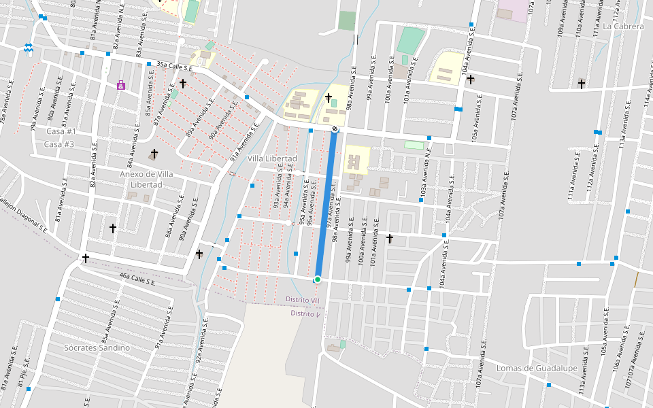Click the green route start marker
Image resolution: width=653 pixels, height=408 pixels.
pos(317,279)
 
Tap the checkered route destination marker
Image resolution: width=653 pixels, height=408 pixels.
pos(335,129)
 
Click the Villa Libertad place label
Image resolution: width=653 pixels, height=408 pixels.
pos(272,158)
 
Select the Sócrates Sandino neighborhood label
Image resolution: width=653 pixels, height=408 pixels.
pos(97,347)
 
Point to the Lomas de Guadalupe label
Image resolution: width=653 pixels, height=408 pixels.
pos(537,369)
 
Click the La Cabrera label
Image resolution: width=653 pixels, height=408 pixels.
pos(623,27)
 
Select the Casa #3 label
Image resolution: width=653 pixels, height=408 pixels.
pos(59,144)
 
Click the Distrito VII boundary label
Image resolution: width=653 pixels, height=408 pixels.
pos(303,300)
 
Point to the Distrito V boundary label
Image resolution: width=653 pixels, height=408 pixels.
pos(305,313)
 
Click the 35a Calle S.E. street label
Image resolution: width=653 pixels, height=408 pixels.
pos(175,66)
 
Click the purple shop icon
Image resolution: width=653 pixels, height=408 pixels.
pos(120,85)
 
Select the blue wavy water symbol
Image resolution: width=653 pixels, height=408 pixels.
pos(28,48)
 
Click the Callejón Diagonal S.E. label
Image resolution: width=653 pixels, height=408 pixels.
pos(23,213)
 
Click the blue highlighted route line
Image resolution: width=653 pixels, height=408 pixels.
pos(326,204)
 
